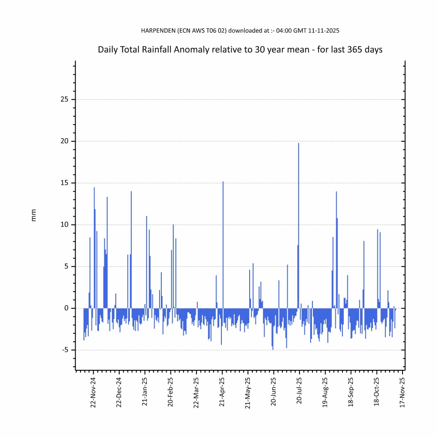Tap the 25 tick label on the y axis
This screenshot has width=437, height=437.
(65, 99)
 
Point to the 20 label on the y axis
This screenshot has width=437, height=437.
(65, 141)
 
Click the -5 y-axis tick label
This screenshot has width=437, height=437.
(65, 350)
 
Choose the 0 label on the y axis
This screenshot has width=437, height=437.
(66, 308)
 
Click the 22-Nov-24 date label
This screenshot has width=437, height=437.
(93, 391)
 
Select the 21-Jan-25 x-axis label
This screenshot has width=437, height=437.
(145, 391)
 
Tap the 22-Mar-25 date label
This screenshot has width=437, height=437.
(197, 391)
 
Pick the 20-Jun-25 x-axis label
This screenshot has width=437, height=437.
(274, 391)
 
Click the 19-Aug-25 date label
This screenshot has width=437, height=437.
(325, 391)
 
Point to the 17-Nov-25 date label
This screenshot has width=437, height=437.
(403, 391)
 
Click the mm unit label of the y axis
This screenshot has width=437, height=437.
(34, 215)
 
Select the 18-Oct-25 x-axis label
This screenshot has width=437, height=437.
(377, 391)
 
